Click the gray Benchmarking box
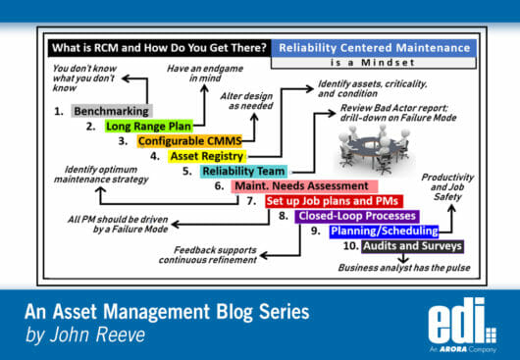click(112, 111)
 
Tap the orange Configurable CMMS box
click(185, 140)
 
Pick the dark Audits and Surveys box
click(414, 246)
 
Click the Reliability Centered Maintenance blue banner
click(372, 47)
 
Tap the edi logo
click(461, 320)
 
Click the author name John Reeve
click(108, 335)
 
